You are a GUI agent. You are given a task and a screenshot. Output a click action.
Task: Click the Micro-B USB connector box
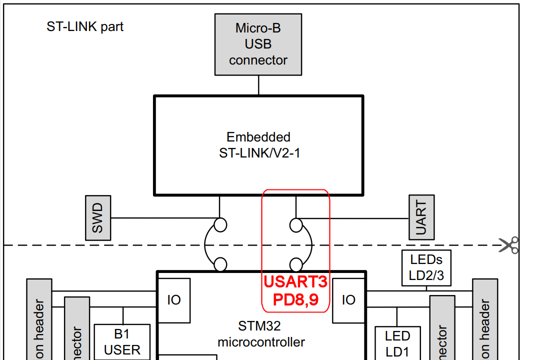258,44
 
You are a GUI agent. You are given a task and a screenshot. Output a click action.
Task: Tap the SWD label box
97,217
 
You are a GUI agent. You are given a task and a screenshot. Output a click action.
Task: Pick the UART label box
421,217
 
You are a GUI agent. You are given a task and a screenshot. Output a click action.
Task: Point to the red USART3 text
295,282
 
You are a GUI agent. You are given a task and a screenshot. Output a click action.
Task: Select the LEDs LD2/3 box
426,267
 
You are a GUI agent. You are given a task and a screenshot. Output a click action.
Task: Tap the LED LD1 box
397,343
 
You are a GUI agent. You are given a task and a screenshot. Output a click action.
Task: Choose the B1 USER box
122,342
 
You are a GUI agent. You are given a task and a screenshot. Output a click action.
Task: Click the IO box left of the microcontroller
174,300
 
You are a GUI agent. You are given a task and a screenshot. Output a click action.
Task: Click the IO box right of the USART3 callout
348,300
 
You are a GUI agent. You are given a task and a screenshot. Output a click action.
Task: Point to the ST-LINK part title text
85,26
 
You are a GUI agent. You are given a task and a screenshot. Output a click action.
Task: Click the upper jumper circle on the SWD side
220,225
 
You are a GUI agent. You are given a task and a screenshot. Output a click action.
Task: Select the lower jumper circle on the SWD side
220,264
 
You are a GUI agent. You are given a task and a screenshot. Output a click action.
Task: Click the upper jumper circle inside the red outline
296,225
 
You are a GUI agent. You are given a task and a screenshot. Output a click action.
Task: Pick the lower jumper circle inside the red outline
296,264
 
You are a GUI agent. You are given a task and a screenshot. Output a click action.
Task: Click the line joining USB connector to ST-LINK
258,85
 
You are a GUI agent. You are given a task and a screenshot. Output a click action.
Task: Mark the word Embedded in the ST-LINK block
258,137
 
